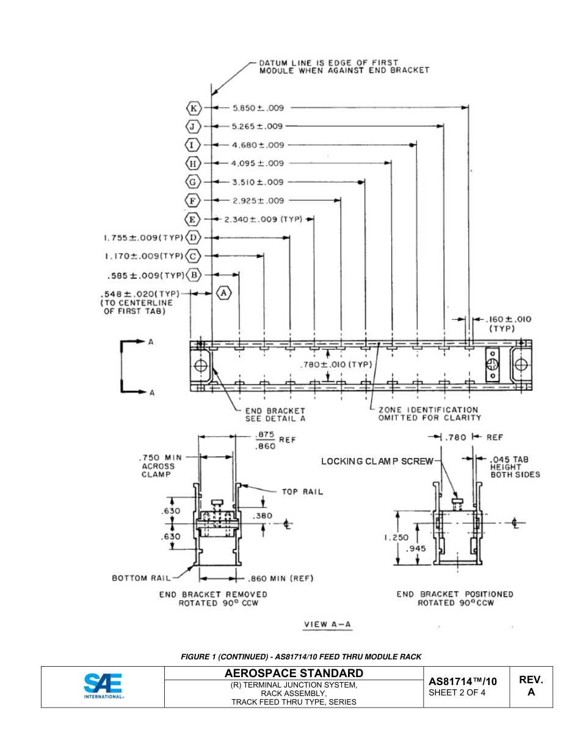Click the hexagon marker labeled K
[194, 108]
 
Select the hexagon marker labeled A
[225, 293]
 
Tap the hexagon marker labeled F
[194, 201]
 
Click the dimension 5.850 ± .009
[258, 108]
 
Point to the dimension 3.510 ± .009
[258, 182]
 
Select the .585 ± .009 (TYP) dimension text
[145, 275]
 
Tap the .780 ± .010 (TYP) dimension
[336, 365]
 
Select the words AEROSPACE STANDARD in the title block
[294, 673]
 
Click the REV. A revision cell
[531, 686]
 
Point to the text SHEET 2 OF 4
[457, 692]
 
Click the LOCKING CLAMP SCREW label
[377, 462]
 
